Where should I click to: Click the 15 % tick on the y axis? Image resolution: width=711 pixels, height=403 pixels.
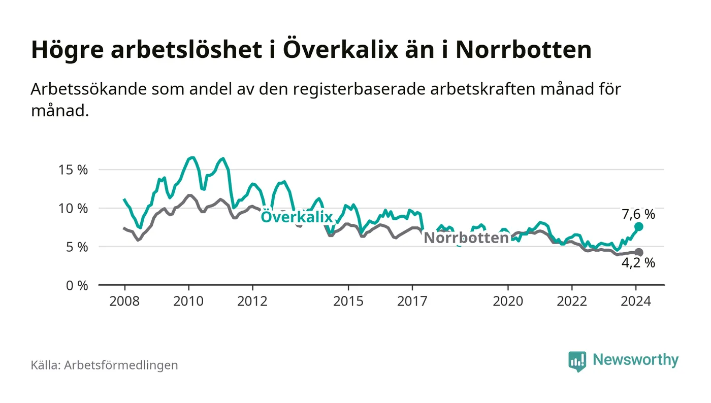tap(74, 170)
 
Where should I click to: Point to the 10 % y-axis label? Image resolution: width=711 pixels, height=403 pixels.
tap(74, 209)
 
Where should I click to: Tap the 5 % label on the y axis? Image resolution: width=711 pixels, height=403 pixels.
tap(77, 247)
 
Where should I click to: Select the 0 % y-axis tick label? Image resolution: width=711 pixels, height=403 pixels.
tap(77, 286)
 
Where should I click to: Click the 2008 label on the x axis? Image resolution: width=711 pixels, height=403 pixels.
tap(124, 301)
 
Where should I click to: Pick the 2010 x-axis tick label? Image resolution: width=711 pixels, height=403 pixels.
tap(188, 301)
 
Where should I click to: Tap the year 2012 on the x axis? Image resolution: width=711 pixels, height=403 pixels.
tap(252, 301)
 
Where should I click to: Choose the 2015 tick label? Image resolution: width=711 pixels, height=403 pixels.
tap(348, 301)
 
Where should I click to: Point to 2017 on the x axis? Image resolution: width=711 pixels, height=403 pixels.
tap(412, 301)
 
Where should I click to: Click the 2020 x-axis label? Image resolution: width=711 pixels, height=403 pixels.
tap(508, 301)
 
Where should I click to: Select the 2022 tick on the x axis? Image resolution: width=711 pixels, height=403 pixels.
tap(572, 301)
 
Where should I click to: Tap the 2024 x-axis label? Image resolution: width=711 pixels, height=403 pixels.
tap(636, 301)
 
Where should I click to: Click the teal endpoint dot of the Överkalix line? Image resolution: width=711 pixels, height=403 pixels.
tap(639, 226)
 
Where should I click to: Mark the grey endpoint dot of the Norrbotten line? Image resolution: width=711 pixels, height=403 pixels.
tap(639, 252)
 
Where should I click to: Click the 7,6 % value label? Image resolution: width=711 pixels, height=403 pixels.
tap(638, 214)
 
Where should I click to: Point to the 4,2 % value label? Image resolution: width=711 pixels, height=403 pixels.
tap(638, 263)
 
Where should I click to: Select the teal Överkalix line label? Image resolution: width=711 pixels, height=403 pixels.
tap(297, 217)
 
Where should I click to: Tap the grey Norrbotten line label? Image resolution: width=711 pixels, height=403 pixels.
tap(466, 238)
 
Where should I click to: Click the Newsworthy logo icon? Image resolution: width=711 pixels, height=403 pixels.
tap(577, 361)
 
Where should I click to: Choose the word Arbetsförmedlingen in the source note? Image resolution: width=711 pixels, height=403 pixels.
tap(121, 365)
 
